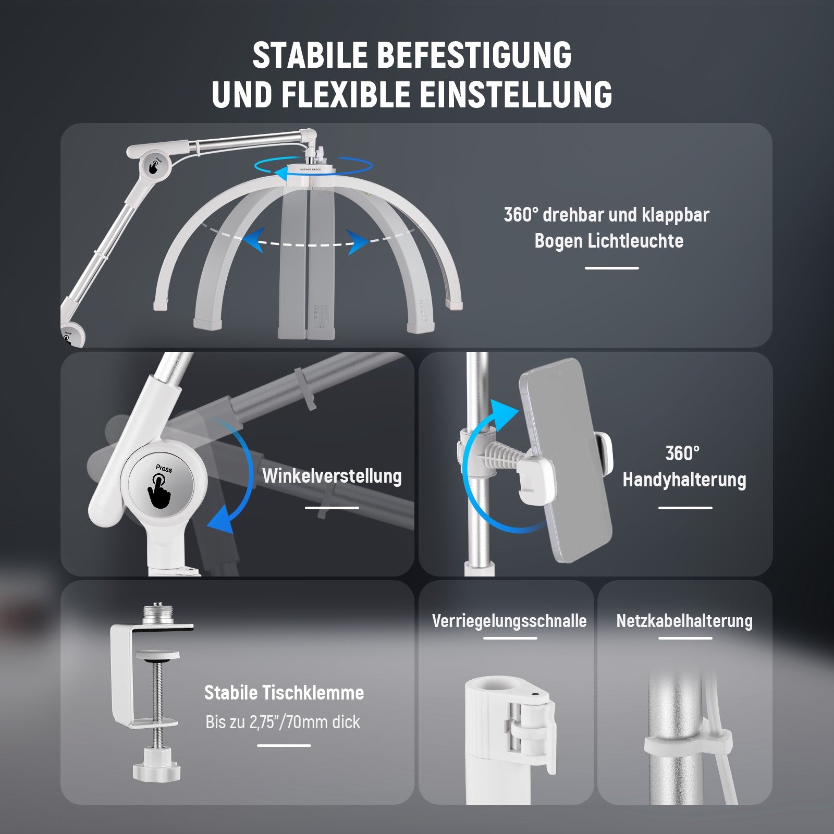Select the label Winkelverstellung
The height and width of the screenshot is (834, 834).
[332, 476]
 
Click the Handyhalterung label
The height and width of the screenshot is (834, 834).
[684, 480]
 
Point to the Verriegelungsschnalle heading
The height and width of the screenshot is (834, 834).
[509, 621]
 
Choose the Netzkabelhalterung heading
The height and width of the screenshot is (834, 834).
[684, 621]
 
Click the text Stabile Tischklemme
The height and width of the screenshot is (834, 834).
[284, 693]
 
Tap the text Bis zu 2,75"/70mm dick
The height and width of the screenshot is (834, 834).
[283, 722]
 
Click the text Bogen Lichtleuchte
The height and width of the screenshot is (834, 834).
[609, 241]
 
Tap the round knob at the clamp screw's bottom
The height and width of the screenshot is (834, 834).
[156, 770]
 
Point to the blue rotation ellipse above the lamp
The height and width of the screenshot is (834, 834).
[313, 166]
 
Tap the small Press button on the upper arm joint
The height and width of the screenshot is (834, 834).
[154, 166]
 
